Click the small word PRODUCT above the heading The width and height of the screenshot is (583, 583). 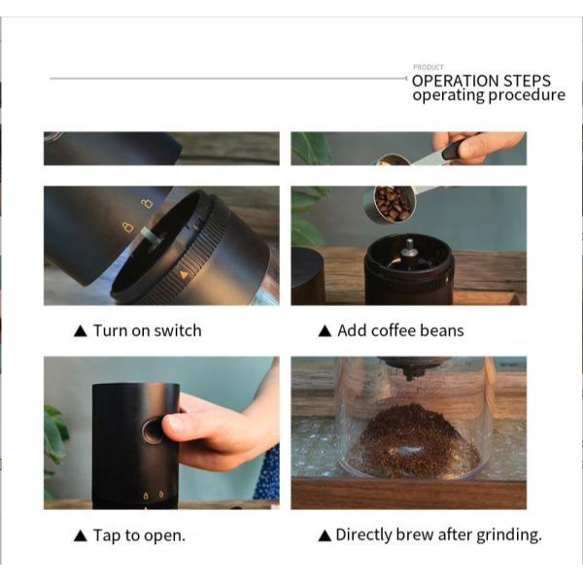[428, 68]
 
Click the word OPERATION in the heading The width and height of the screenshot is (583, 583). [459, 81]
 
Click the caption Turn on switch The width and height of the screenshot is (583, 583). [147, 330]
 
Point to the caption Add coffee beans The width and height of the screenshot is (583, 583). [400, 330]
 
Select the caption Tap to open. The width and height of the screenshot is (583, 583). [138, 535]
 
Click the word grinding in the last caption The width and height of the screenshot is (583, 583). [507, 534]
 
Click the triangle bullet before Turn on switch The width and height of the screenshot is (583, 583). [81, 331]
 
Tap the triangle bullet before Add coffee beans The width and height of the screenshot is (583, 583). [326, 331]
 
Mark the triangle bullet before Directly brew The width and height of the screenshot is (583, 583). [326, 535]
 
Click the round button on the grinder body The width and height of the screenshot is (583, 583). [153, 430]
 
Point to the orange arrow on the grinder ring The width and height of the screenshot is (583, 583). [184, 274]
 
